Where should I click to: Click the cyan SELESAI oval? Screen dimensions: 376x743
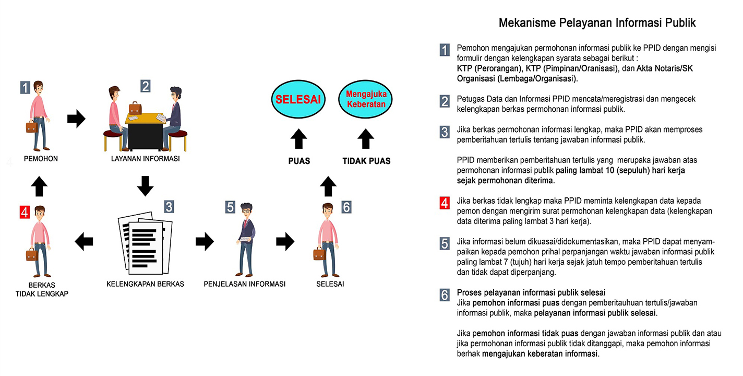[297, 99]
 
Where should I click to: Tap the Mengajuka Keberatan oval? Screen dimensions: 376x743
[366, 99]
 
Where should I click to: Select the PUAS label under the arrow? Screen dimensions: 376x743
[299, 161]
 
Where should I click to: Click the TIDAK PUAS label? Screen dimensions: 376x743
[366, 161]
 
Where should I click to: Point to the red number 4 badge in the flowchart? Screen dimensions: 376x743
[25, 212]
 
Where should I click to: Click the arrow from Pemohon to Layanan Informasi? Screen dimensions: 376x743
[76, 119]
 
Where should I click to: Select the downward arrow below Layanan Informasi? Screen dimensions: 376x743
[145, 186]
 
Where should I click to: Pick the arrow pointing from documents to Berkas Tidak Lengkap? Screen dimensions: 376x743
[84, 241]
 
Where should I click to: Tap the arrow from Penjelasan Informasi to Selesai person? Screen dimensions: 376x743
[285, 241]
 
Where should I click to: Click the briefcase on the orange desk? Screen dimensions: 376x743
[135, 108]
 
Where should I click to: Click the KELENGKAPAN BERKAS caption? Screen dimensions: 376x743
[145, 284]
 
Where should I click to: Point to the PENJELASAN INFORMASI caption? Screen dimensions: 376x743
[245, 284]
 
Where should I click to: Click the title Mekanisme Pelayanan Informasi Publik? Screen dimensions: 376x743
[597, 23]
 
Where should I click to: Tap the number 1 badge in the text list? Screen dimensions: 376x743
[445, 50]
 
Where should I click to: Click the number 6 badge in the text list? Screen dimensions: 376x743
[445, 295]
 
